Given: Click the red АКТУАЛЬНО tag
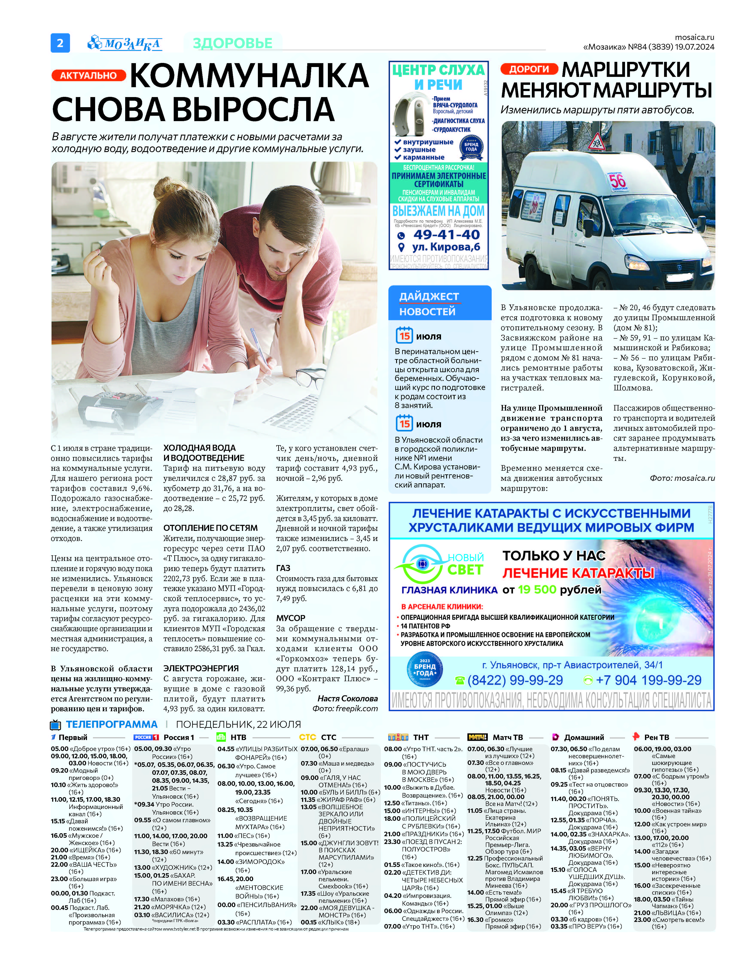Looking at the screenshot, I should coord(88,76).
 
